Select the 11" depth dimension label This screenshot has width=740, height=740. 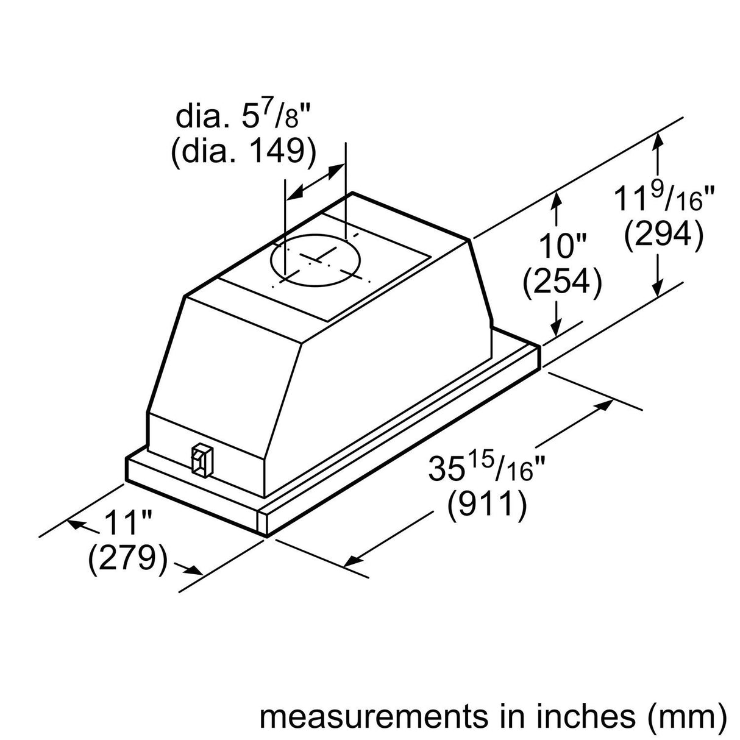(127, 523)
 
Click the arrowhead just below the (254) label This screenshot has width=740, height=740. (556, 327)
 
